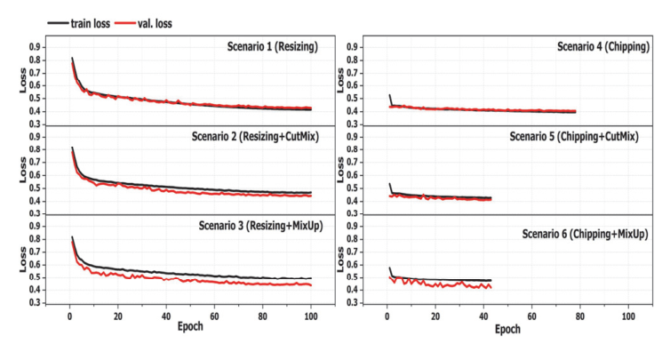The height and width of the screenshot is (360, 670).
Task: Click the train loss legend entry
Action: click(78, 23)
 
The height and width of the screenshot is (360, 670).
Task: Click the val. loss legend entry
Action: click(143, 23)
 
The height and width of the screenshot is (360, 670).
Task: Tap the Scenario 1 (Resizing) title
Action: click(272, 46)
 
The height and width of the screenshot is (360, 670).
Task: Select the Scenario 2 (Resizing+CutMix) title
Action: click(255, 136)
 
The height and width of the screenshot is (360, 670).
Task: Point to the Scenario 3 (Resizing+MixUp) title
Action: click(260, 225)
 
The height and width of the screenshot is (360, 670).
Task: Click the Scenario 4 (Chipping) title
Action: click(603, 46)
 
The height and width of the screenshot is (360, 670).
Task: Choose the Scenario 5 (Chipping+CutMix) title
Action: click(574, 136)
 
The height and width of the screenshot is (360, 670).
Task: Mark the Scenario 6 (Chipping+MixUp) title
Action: click(585, 234)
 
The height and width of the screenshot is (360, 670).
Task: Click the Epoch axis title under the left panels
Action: click(190, 326)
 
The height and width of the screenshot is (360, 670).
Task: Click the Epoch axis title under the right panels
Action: click(507, 329)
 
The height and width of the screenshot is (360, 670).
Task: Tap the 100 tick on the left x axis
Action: click(311, 316)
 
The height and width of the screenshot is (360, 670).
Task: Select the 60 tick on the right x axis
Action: click(531, 316)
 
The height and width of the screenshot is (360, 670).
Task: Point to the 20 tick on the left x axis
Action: click(118, 316)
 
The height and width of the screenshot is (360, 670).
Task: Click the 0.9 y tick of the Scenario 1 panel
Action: click(35, 47)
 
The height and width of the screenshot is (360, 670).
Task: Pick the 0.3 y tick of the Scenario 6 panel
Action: click(353, 303)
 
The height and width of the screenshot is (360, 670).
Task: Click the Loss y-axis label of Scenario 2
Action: click(22, 170)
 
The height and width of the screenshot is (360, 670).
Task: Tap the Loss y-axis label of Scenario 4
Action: click(340, 80)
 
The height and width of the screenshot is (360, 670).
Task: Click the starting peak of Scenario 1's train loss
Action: click(72, 58)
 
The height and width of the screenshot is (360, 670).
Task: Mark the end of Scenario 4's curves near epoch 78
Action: click(575, 112)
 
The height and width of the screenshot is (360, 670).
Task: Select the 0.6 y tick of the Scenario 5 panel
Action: click(353, 175)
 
